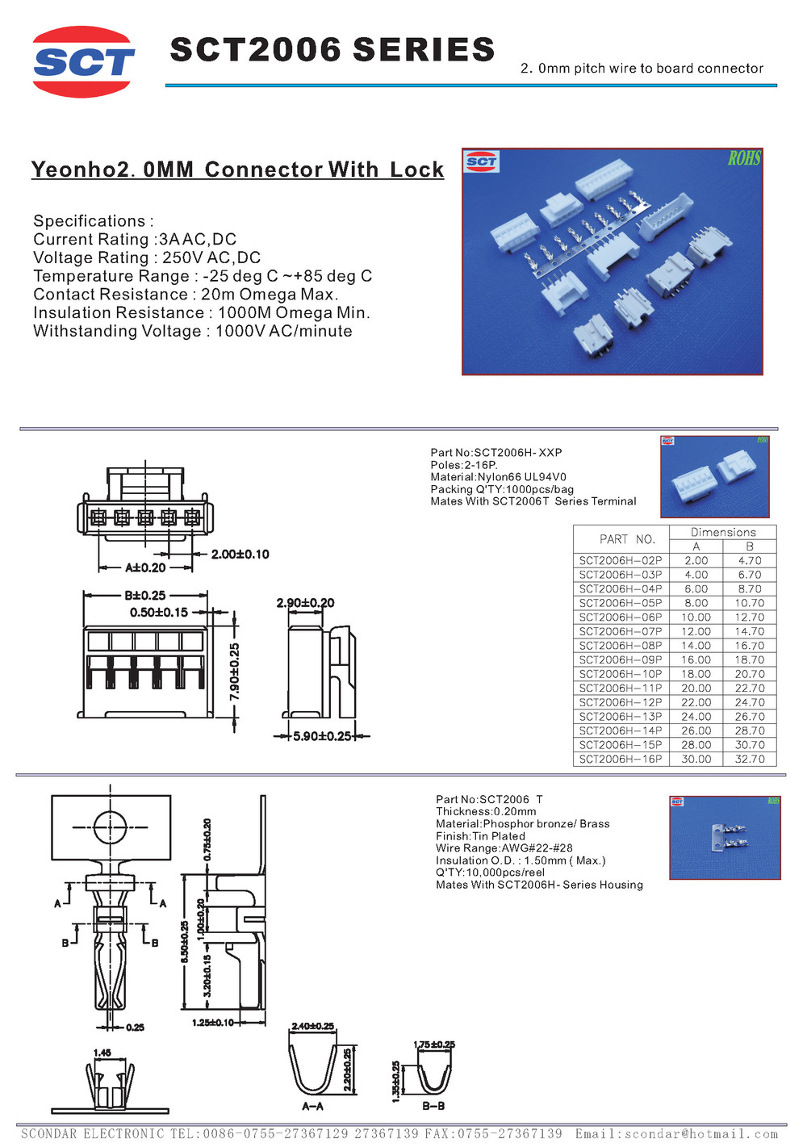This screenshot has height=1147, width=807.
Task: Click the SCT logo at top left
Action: [83, 62]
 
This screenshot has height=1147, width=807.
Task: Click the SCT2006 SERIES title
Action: [332, 50]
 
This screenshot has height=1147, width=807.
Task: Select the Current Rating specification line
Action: [135, 240]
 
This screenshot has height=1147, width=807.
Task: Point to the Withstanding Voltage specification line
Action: [192, 332]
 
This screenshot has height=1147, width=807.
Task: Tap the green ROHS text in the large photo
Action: [743, 158]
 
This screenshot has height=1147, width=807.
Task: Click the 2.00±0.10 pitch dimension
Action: [240, 555]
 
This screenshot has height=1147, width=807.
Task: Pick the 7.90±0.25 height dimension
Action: [234, 672]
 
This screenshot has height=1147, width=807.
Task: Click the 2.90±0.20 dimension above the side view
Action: [305, 603]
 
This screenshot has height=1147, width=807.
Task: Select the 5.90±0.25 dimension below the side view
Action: [322, 736]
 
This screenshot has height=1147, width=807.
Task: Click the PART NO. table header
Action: [627, 539]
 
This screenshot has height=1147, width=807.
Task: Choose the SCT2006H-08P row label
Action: [620, 646]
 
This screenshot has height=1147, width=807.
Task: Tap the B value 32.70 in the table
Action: [749, 760]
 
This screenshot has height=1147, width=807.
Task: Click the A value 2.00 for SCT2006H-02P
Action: [696, 561]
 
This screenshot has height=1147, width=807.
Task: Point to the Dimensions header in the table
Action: [723, 533]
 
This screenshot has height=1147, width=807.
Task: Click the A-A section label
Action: [312, 1106]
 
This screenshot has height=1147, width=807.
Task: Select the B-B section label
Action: [433, 1106]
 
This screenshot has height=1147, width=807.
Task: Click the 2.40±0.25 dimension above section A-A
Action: [312, 1026]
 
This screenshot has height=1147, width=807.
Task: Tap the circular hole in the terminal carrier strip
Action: [111, 827]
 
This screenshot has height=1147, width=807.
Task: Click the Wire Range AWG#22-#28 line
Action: [504, 848]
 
